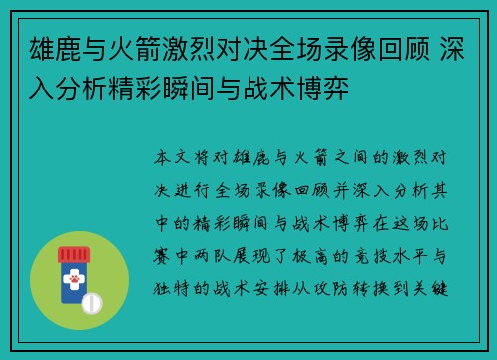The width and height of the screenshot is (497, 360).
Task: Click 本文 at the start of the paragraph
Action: [169, 157]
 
